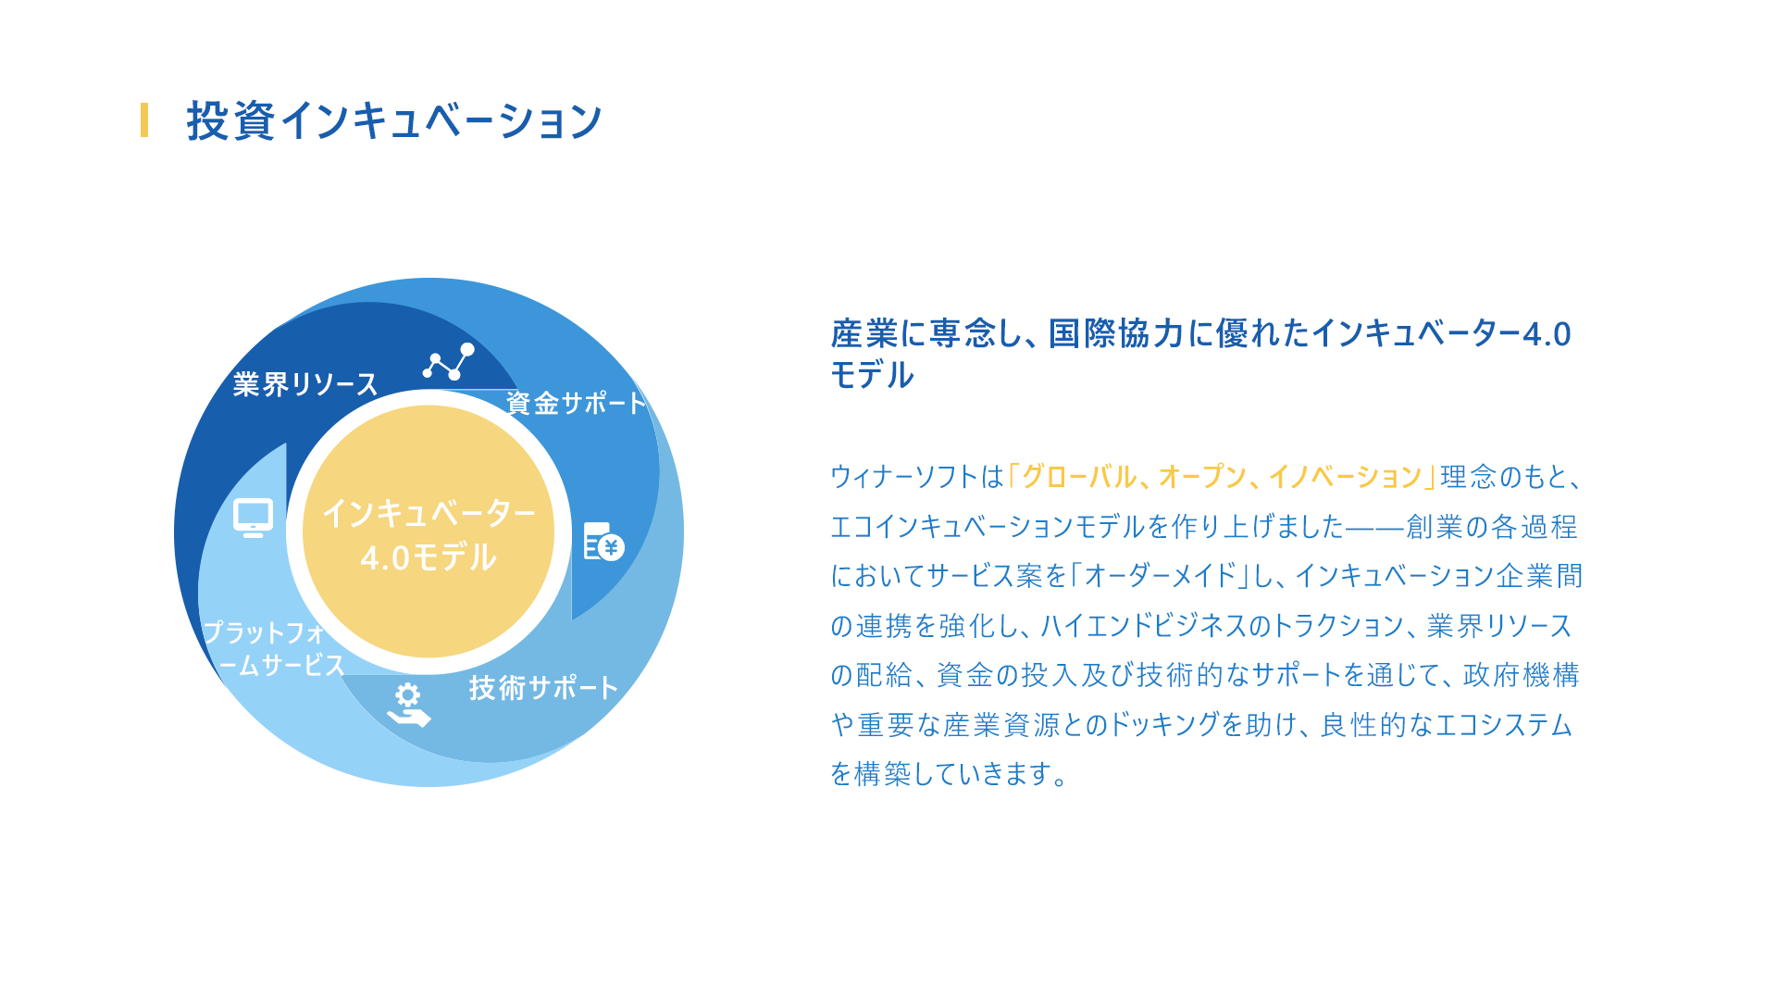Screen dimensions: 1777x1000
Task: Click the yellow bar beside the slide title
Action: click(144, 120)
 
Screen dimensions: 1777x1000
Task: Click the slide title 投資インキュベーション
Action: click(394, 120)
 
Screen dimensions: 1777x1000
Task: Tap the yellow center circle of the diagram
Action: click(429, 531)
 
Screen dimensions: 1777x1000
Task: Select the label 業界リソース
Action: click(305, 384)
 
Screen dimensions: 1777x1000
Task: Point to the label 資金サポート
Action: click(576, 403)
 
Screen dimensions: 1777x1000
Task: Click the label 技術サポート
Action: click(543, 688)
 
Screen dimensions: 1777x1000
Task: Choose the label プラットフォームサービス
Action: click(273, 648)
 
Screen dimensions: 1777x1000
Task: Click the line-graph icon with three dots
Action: click(449, 361)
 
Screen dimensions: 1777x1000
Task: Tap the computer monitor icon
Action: click(253, 518)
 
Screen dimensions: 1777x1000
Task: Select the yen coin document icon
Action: click(603, 542)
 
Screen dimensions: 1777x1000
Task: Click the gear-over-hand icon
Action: click(408, 705)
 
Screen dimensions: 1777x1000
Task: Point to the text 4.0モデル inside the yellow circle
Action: click(429, 557)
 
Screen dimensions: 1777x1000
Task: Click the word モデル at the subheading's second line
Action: click(872, 375)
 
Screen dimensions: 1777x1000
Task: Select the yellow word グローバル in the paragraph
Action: click(1078, 477)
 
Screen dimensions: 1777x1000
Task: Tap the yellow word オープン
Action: click(1202, 477)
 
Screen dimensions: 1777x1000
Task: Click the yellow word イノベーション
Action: click(1345, 477)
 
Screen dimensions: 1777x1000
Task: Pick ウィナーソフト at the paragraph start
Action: click(904, 477)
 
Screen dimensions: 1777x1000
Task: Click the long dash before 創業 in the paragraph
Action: click(1374, 528)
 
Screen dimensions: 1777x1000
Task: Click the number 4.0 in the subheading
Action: click(1547, 334)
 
